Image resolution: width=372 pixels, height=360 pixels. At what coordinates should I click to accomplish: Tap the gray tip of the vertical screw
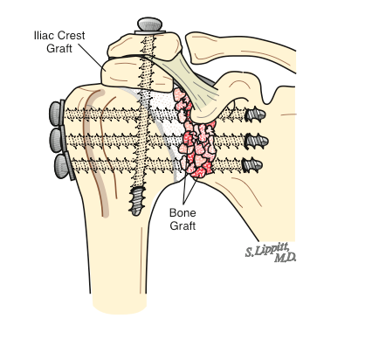tap(138, 202)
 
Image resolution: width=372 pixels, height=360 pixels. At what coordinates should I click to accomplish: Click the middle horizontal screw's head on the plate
tap(59, 138)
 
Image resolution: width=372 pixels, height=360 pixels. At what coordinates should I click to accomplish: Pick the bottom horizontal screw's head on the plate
tap(63, 163)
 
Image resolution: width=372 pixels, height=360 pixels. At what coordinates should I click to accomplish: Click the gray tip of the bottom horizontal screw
tap(254, 162)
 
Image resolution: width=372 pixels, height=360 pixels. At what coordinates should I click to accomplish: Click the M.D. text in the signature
tap(284, 259)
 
